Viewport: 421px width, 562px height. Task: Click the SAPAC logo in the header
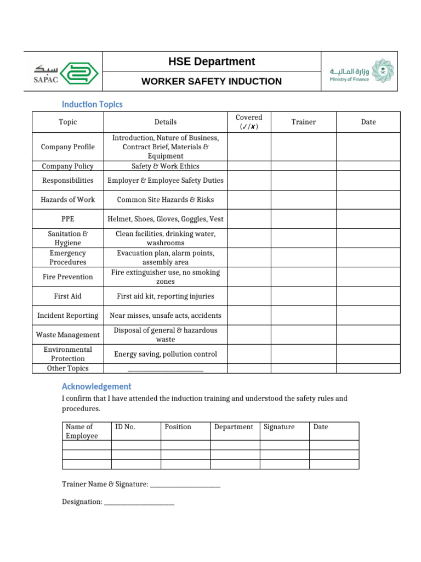(x=63, y=72)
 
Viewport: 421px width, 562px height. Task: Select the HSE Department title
(x=211, y=61)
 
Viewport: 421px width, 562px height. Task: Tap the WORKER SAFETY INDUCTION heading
(x=211, y=81)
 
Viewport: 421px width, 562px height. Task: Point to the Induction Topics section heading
(x=92, y=104)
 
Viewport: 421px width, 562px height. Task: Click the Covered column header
(x=249, y=122)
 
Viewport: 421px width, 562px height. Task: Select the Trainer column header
(x=303, y=122)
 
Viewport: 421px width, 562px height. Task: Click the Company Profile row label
(x=67, y=147)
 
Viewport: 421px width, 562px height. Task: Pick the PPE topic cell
(x=67, y=219)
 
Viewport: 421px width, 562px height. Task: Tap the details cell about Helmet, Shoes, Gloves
(x=165, y=219)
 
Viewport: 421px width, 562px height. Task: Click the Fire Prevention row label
(x=67, y=277)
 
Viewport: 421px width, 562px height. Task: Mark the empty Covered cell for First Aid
(x=249, y=296)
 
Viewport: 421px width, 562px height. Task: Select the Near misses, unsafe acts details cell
(x=165, y=316)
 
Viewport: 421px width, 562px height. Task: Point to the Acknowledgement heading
(x=96, y=386)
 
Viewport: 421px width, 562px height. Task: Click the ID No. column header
(x=125, y=427)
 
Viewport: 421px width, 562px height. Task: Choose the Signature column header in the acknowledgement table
(x=279, y=427)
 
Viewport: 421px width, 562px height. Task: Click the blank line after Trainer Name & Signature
(x=185, y=486)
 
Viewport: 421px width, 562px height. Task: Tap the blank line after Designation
(x=139, y=503)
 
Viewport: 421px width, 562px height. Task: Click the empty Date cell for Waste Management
(x=368, y=335)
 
